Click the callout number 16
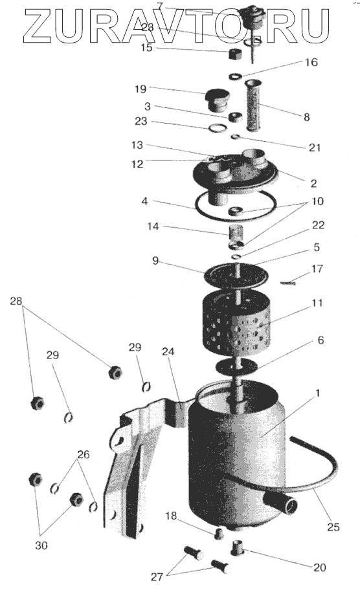tap(311, 62)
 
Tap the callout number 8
tap(306, 117)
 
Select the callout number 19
tap(141, 89)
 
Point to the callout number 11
tap(317, 303)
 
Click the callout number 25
tap(333, 527)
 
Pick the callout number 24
tap(168, 352)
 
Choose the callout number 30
tap(41, 545)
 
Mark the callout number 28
tap(16, 302)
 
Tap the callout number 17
tap(317, 269)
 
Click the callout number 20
tap(319, 567)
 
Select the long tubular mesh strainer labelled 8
tap(253, 105)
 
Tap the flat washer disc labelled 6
tap(236, 366)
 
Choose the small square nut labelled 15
tap(235, 54)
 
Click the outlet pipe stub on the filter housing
tap(280, 503)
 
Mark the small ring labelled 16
tap(236, 76)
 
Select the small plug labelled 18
tap(219, 534)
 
